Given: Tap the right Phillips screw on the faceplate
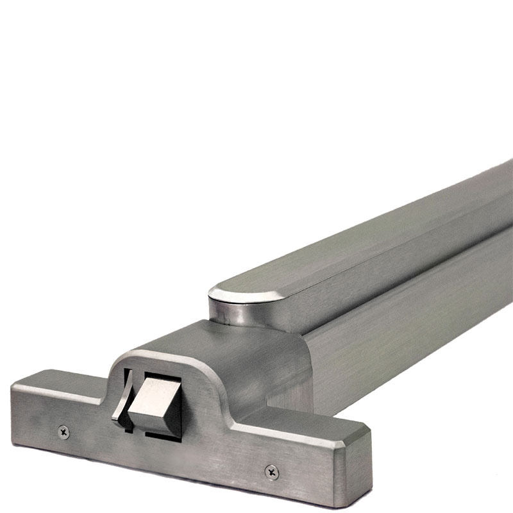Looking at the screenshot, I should pos(271,472).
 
